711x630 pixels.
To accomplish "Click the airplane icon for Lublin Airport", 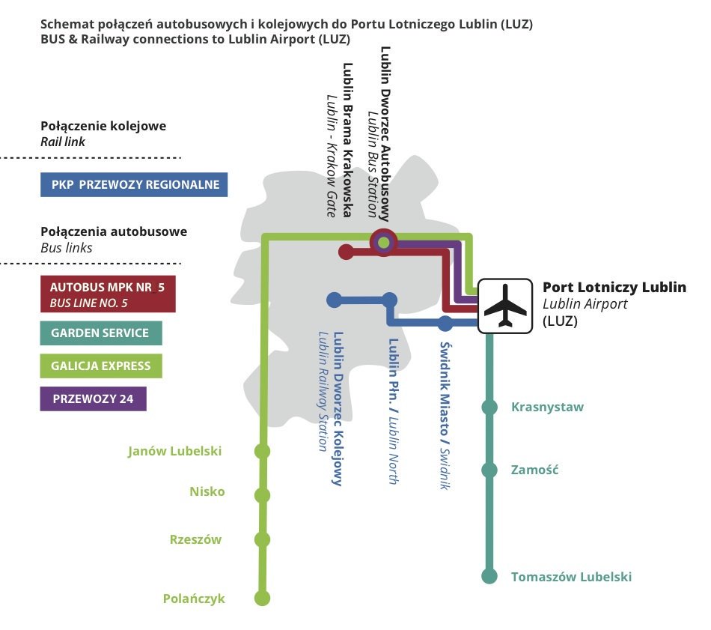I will pyautogui.click(x=506, y=306).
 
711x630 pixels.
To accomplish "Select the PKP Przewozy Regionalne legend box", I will pyautogui.click(x=135, y=184).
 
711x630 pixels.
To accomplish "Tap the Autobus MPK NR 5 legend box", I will pyautogui.click(x=108, y=294).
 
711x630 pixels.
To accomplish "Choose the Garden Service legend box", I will pyautogui.click(x=101, y=333).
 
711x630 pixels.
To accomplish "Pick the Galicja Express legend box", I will pyautogui.click(x=101, y=366).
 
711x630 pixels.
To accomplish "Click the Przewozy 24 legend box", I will pyautogui.click(x=93, y=399).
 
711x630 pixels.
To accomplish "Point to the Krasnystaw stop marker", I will pyautogui.click(x=489, y=408).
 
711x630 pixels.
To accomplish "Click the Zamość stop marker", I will pyautogui.click(x=489, y=470).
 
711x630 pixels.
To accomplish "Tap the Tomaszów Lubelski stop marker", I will pyautogui.click(x=489, y=577).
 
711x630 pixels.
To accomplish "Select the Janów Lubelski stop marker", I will pyautogui.click(x=262, y=451).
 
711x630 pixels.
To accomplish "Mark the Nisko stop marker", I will pyautogui.click(x=262, y=495).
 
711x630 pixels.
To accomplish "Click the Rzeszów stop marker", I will pyautogui.click(x=262, y=539).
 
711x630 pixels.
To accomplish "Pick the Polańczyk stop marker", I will pyautogui.click(x=262, y=598).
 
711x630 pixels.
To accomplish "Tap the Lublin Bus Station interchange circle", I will pyautogui.click(x=384, y=241).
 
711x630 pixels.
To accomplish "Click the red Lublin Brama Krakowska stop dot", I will pyautogui.click(x=346, y=252).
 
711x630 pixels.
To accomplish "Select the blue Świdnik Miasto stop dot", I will pyautogui.click(x=445, y=324).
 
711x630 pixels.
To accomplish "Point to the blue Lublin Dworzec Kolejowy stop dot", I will pyautogui.click(x=335, y=300).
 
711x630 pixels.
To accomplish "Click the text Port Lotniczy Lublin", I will pyautogui.click(x=614, y=287).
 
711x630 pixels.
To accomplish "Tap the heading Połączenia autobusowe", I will pyautogui.click(x=114, y=231).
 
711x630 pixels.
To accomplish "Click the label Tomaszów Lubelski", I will pyautogui.click(x=571, y=577).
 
